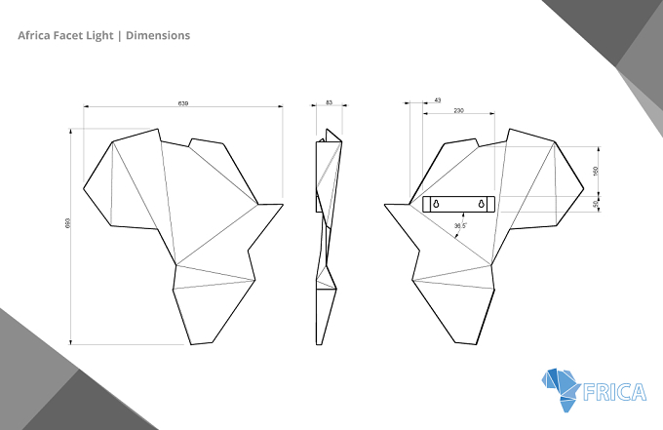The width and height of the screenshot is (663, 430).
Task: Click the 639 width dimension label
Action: (183, 103)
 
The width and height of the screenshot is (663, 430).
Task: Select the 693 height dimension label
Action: (67, 223)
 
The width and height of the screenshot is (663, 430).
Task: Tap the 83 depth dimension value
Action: (330, 102)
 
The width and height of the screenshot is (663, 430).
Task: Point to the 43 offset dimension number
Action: (438, 100)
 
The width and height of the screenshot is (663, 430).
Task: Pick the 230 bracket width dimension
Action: (459, 111)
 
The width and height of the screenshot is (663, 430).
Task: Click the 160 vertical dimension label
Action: (596, 172)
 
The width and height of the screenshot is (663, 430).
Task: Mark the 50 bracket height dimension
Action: (596, 204)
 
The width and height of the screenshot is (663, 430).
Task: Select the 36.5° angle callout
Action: (460, 226)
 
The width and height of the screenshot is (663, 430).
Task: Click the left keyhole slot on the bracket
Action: (436, 204)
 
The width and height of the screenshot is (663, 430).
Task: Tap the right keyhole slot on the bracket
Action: (482, 204)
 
